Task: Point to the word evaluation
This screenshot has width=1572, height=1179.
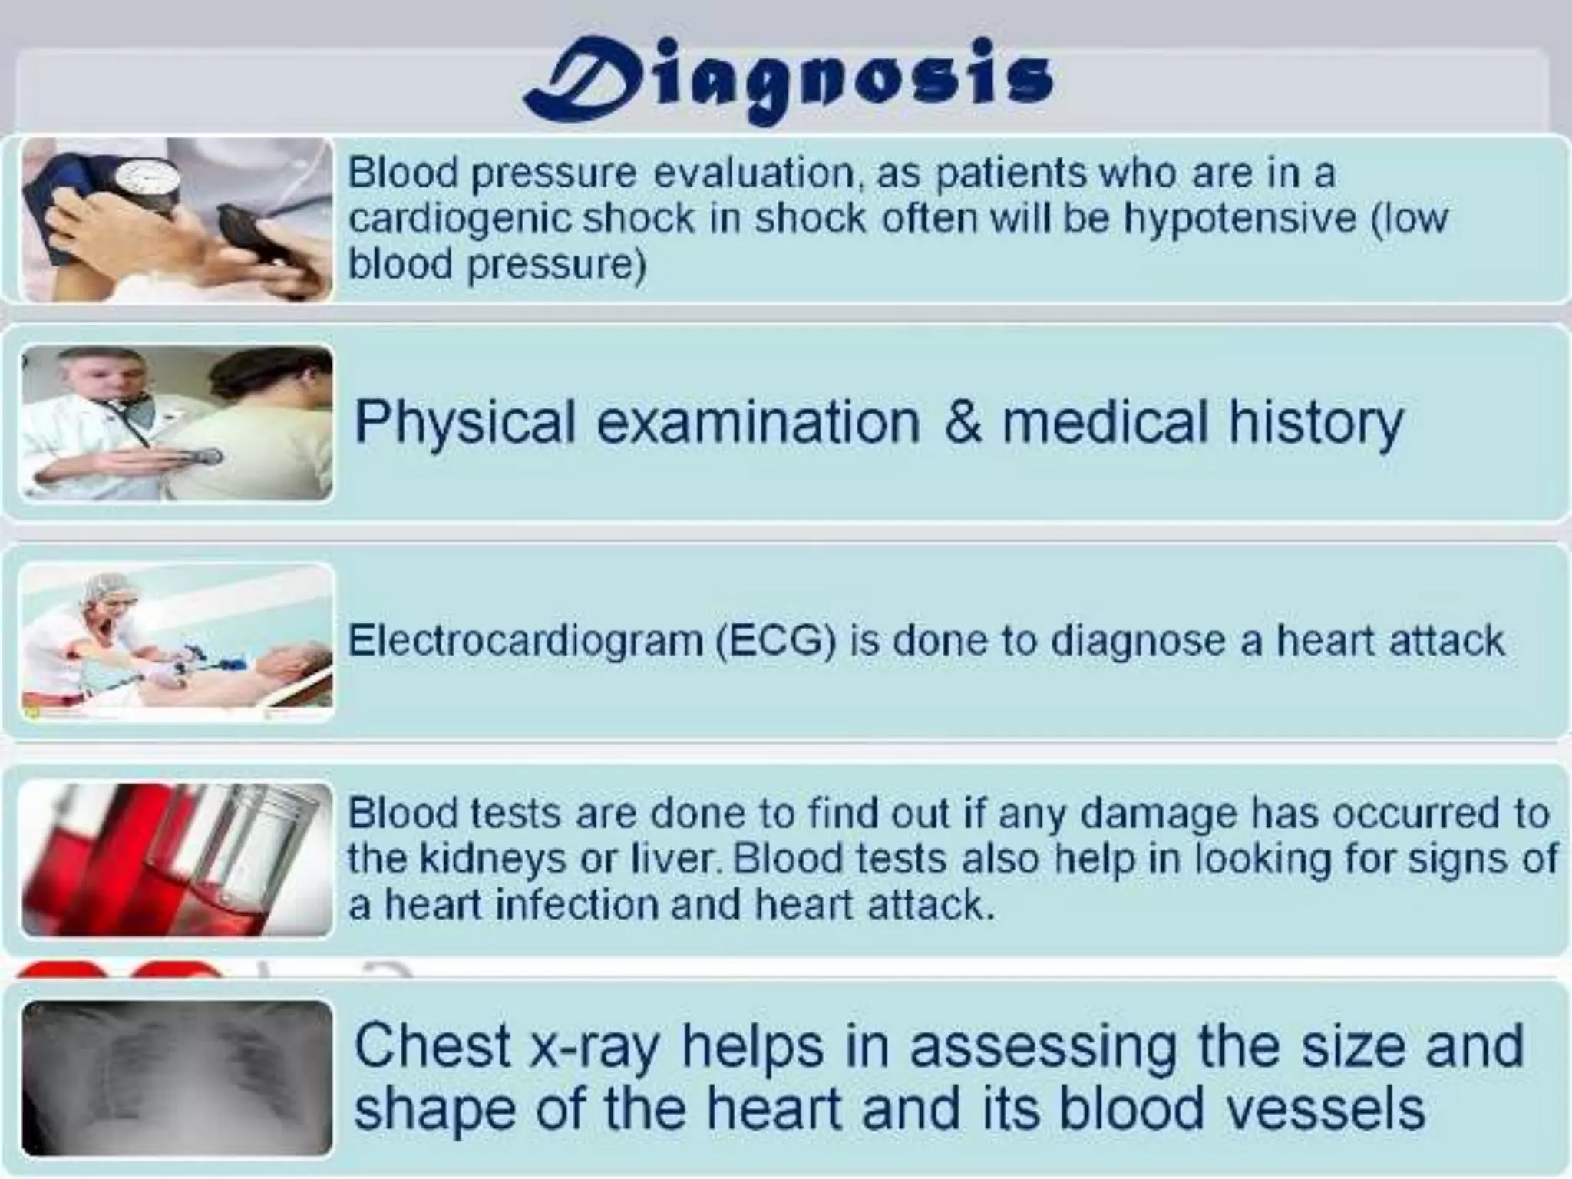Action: pyautogui.click(x=754, y=173)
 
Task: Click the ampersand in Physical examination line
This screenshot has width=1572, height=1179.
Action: pyautogui.click(x=962, y=422)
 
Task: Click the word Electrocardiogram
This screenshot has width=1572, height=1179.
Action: pyautogui.click(x=525, y=641)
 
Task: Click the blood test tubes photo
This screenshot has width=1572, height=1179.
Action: pyautogui.click(x=177, y=860)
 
